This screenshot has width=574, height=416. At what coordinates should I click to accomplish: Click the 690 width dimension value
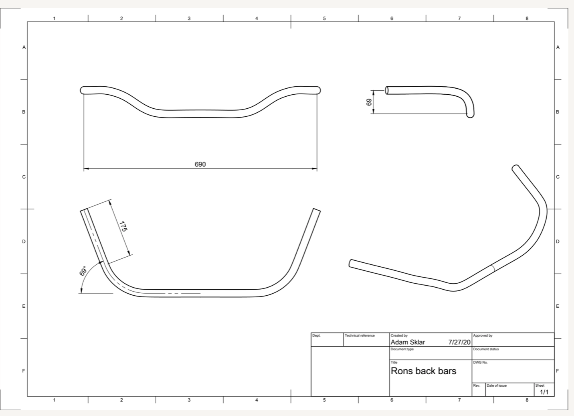pyautogui.click(x=200, y=164)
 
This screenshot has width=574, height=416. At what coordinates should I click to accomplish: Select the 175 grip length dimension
pyautogui.click(x=123, y=226)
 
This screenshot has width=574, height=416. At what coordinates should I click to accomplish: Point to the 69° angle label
pyautogui.click(x=83, y=271)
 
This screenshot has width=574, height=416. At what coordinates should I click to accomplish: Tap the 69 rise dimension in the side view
pyautogui.click(x=369, y=102)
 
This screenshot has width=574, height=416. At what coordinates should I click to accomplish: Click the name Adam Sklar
pyautogui.click(x=408, y=342)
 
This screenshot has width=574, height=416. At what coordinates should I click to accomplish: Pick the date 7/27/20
pyautogui.click(x=459, y=342)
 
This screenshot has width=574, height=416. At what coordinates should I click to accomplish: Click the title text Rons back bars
pyautogui.click(x=423, y=371)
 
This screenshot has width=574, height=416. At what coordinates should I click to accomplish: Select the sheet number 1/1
pyautogui.click(x=544, y=392)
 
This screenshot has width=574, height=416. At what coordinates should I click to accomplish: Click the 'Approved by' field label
pyautogui.click(x=483, y=335)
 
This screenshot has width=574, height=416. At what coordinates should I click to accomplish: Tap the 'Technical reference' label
pyautogui.click(x=360, y=335)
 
